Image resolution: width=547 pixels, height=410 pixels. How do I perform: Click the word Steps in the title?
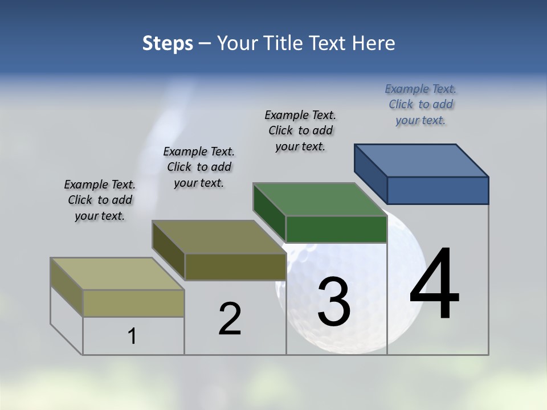(168, 43)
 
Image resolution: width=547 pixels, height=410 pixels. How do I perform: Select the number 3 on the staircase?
(333, 302)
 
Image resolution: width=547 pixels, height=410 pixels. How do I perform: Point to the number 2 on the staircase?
(230, 318)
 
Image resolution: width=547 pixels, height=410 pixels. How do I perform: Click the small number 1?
(132, 336)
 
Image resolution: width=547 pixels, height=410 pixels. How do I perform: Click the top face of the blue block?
(422, 160)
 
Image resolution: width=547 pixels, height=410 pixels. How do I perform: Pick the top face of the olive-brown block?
(219, 237)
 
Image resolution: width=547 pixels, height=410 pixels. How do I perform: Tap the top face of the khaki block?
(117, 274)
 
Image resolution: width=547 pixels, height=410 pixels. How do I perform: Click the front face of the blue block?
(438, 190)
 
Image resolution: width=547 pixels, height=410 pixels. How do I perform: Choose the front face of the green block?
(336, 229)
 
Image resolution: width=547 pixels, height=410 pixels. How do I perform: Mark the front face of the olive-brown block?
(235, 266)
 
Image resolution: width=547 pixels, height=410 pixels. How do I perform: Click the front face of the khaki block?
(133, 303)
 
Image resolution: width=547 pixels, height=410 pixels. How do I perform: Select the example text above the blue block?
(421, 104)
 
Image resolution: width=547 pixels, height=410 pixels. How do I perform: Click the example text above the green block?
(300, 130)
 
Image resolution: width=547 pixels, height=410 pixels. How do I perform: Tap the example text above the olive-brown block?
(199, 167)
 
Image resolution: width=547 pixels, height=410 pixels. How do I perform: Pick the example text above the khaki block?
(100, 200)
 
